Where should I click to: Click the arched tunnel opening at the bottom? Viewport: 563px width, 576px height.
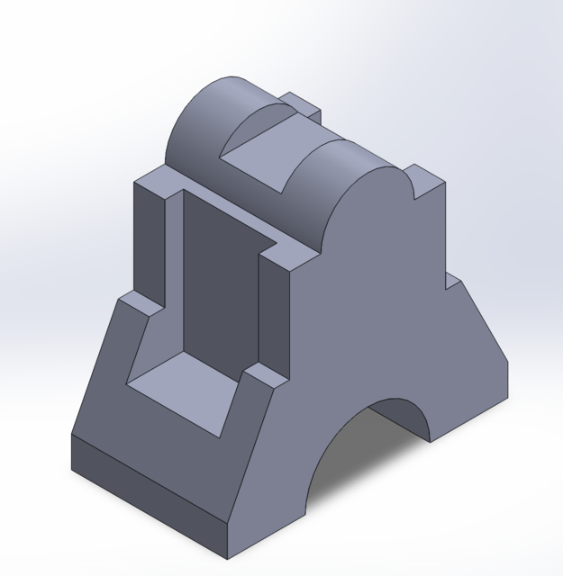point(360,468)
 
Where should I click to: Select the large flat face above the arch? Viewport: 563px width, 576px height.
point(378,297)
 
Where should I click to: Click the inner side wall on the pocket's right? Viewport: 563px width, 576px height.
point(275,310)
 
